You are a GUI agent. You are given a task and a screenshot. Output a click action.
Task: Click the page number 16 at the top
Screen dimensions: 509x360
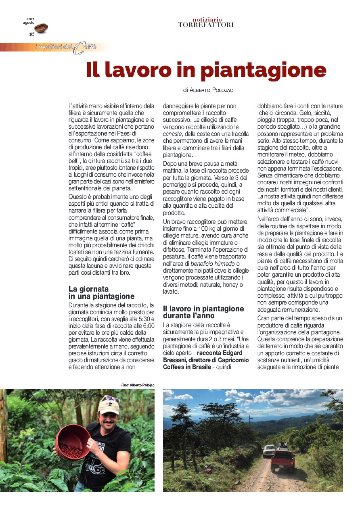[x=31, y=34]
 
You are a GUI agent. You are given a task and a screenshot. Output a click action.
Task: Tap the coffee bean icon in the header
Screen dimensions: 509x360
[x=41, y=28]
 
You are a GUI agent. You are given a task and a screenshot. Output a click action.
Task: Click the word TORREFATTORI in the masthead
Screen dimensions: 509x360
[x=206, y=25]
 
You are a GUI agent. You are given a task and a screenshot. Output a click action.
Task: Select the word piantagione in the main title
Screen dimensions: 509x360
[x=263, y=70]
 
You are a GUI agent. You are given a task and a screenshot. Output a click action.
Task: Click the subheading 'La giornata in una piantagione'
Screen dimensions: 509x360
[x=101, y=293]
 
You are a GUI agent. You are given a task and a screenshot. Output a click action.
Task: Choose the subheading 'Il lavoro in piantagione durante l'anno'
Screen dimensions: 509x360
[x=203, y=312]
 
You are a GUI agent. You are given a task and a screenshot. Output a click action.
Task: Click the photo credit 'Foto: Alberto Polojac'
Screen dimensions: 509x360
[x=138, y=385]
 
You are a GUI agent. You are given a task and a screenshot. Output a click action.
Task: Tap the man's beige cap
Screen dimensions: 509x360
[x=108, y=407]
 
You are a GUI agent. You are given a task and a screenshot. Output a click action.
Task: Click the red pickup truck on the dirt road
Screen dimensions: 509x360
[x=283, y=460]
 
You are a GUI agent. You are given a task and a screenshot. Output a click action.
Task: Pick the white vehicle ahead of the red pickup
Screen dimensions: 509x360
[x=269, y=451]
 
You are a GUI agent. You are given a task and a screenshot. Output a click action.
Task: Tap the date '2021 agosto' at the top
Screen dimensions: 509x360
[x=29, y=21]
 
